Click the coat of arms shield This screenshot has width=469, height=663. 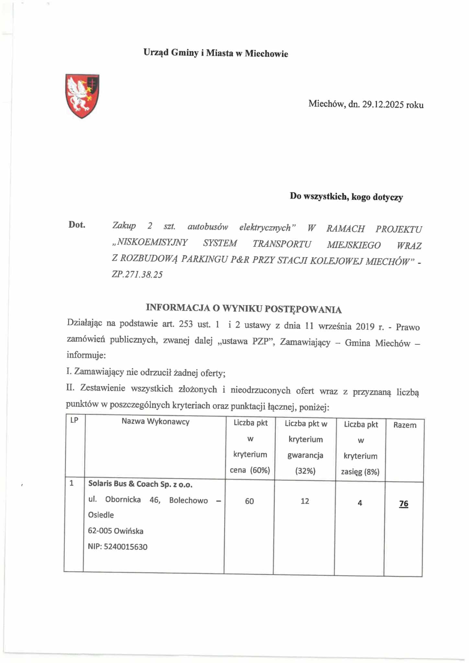[x=82, y=96]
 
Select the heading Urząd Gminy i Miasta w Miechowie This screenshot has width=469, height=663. [x=216, y=53]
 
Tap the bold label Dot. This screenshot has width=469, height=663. [x=77, y=225]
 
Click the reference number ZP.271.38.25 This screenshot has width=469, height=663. [x=137, y=275]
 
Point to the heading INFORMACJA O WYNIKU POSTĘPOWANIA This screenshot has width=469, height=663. [x=244, y=309]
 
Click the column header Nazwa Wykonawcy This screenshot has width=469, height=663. [x=155, y=421]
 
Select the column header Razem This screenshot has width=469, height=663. [x=405, y=425]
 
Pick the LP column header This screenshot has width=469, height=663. [x=74, y=420]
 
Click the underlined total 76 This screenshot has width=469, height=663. [x=404, y=504]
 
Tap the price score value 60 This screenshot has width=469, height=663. [x=249, y=501]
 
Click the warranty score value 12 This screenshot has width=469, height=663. [x=305, y=501]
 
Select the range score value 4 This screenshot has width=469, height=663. [x=360, y=503]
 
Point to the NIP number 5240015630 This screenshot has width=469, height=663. [x=126, y=547]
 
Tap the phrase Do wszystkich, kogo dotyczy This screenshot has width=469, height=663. [x=346, y=197]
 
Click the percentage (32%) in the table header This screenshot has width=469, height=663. [x=305, y=471]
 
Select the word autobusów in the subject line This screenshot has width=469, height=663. [x=208, y=227]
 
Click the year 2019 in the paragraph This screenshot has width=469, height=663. [x=365, y=326]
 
